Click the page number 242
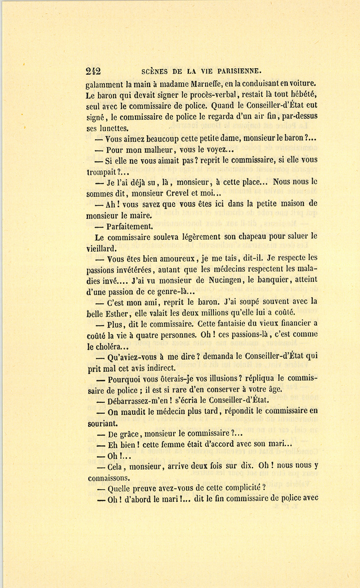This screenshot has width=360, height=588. click(x=93, y=71)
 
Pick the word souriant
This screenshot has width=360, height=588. click(x=102, y=423)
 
